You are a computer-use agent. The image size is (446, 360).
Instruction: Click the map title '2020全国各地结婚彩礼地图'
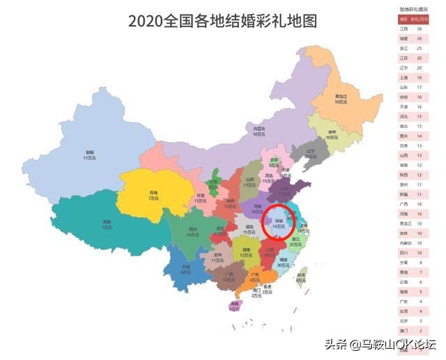[x=222, y=21]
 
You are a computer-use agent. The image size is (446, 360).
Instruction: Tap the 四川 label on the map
[x=192, y=230]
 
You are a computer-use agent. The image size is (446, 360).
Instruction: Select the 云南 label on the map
[x=185, y=269]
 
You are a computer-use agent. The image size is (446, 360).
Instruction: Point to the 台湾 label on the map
[x=300, y=277]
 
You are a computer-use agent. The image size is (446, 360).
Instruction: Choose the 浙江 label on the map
[x=295, y=241]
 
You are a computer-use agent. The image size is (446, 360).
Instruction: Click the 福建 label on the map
[x=283, y=262]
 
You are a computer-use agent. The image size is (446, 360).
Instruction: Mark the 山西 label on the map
[x=250, y=181]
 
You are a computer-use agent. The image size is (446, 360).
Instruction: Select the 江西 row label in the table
[x=403, y=29]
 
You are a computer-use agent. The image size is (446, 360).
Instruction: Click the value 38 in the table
[x=419, y=29]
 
